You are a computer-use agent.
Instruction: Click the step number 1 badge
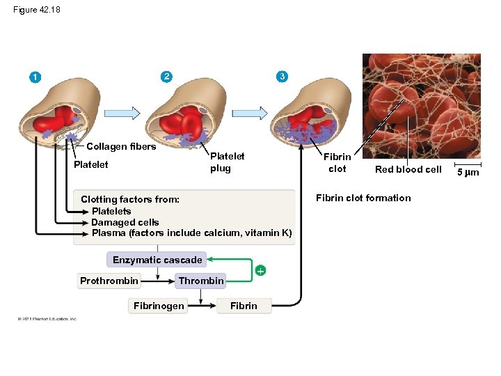coord(33,77)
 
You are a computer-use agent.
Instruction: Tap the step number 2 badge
coord(165,76)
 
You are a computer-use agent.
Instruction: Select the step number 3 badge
coord(280,76)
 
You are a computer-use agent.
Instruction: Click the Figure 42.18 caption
coord(37,9)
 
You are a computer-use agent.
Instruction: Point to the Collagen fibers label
coord(120,146)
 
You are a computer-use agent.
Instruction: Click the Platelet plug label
coord(227,162)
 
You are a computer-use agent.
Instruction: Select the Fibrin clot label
coord(337,163)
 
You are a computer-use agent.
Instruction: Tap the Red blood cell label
coord(408,169)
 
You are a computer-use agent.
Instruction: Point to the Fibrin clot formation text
coord(363,198)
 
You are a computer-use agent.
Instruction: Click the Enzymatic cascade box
coord(157,260)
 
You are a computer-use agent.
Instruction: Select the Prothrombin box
coord(109,281)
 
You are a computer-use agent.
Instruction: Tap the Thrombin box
coord(201,281)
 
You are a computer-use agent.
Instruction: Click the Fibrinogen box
coord(159,306)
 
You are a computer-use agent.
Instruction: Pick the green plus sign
coord(260,270)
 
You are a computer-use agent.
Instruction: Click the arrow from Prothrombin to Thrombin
coord(158,281)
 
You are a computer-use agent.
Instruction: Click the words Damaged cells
coord(125,222)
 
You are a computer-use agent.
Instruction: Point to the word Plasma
coord(107,233)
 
